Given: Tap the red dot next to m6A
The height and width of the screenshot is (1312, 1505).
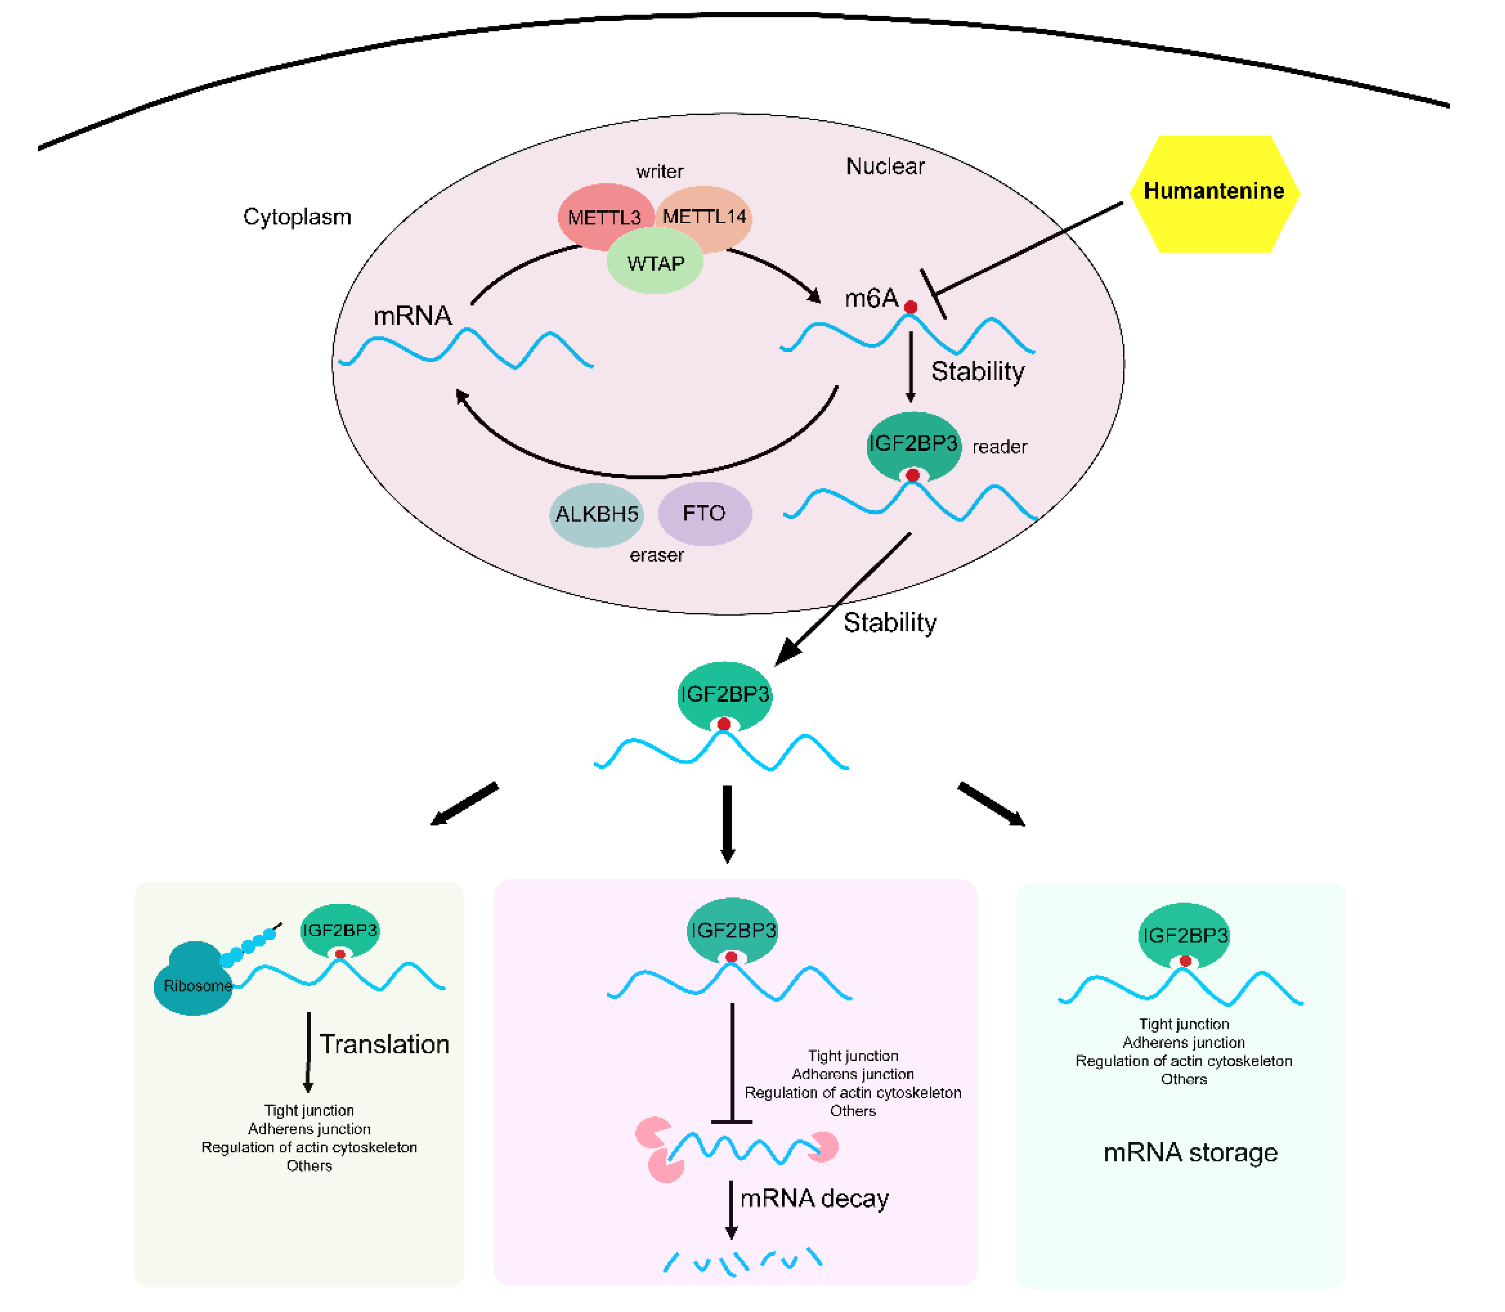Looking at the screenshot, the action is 910,307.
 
